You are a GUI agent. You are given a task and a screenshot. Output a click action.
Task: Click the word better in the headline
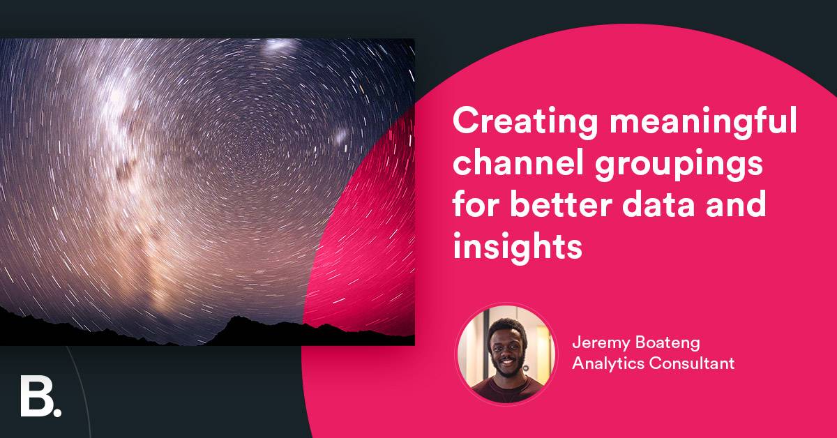click(559, 206)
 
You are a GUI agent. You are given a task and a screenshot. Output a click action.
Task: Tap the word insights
click(517, 247)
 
